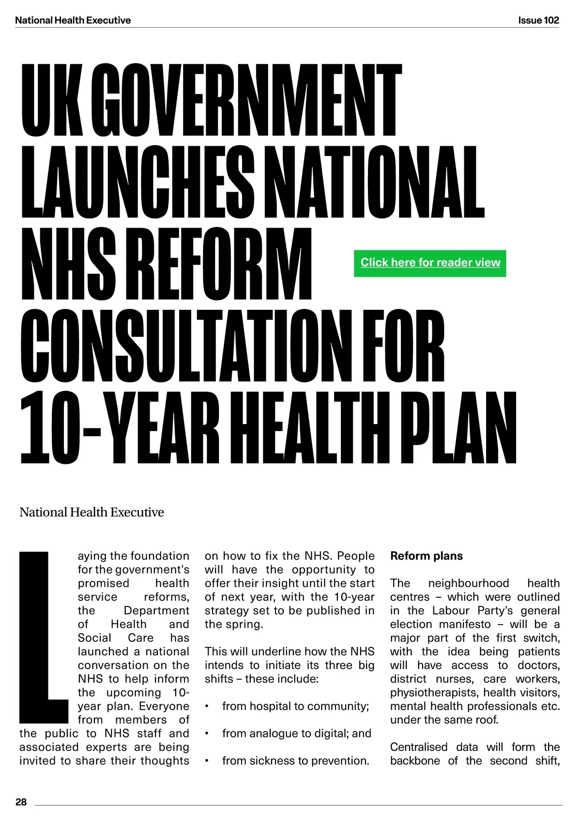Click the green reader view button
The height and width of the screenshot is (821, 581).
click(x=430, y=263)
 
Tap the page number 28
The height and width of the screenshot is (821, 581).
click(x=21, y=802)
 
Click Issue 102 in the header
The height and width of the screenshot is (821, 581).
click(x=538, y=20)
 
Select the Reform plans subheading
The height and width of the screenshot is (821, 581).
click(x=426, y=556)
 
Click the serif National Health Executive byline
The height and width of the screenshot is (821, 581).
click(x=92, y=512)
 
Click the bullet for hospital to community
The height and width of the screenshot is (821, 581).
click(x=207, y=707)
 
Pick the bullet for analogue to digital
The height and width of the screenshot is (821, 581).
click(x=207, y=734)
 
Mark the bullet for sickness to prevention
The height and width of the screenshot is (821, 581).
click(x=207, y=761)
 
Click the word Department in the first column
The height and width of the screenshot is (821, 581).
click(x=156, y=610)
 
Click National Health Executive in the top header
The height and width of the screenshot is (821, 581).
click(x=73, y=20)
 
